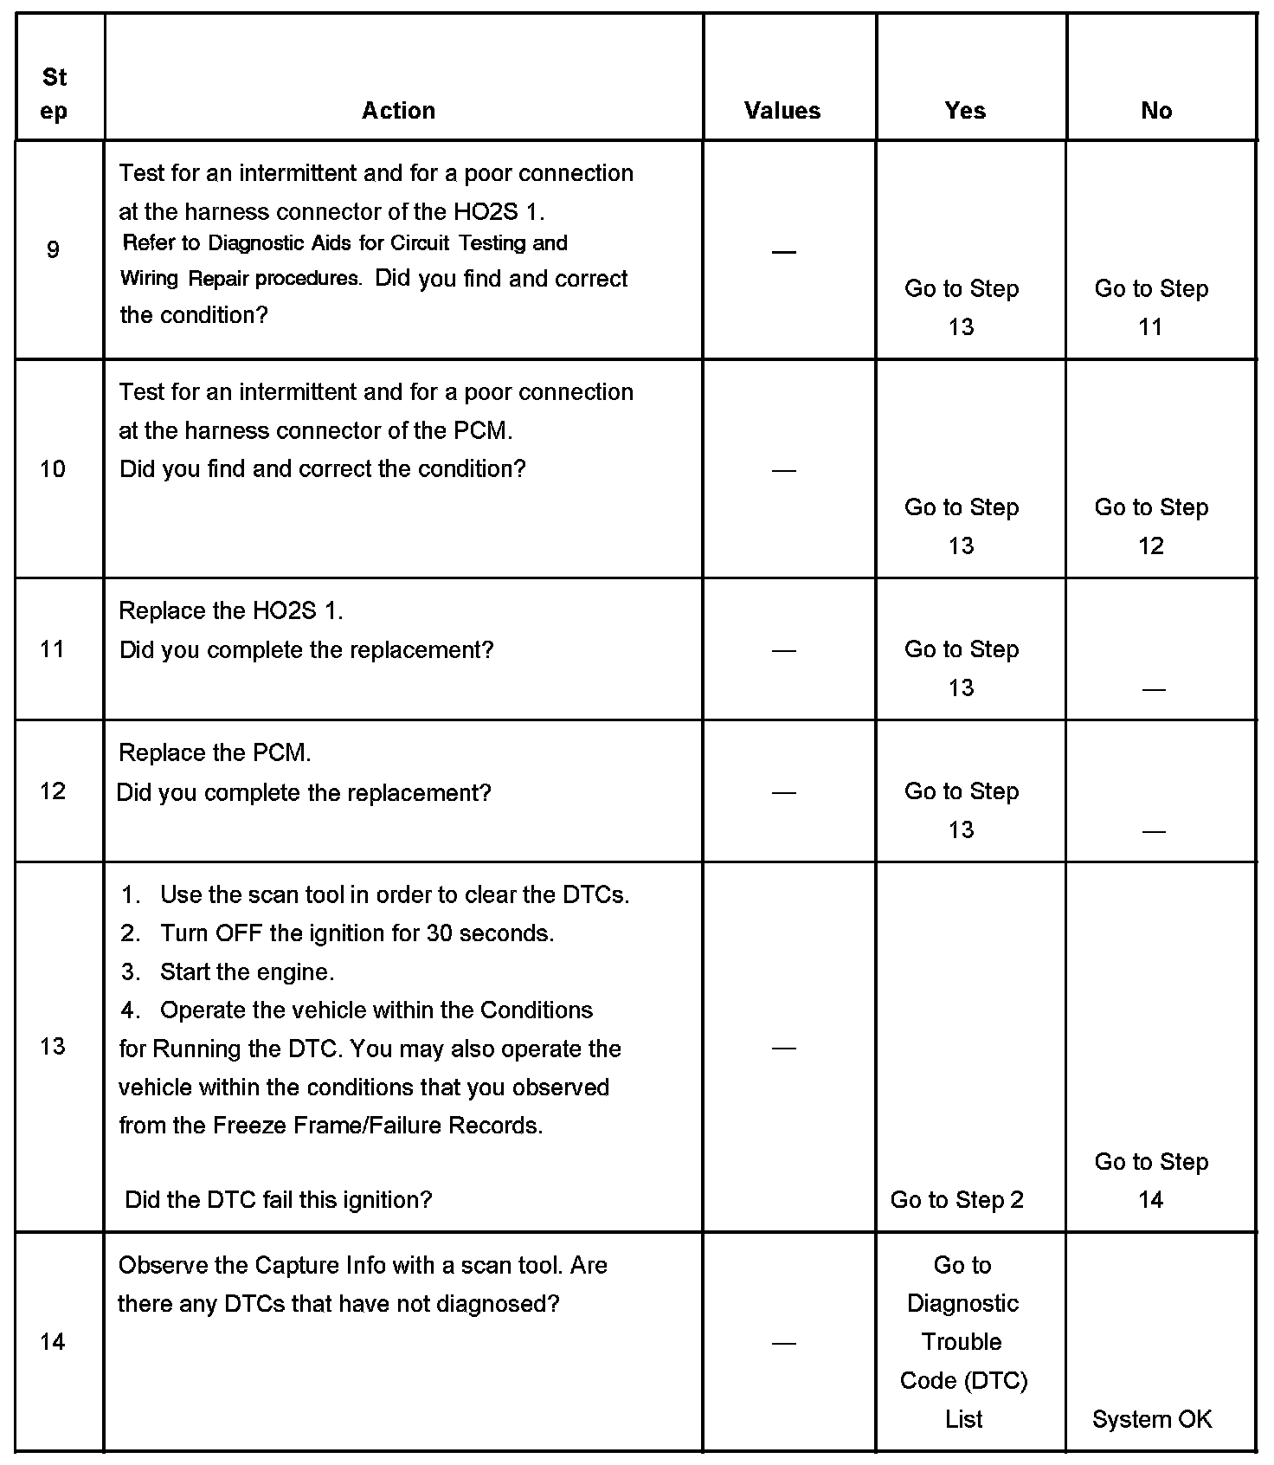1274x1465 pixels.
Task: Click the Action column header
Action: (398, 111)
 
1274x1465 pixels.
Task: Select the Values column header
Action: (782, 111)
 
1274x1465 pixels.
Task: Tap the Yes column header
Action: (965, 111)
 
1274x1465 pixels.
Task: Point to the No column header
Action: (1156, 111)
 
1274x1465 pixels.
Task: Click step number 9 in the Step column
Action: (53, 250)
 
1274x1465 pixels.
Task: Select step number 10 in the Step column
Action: (53, 469)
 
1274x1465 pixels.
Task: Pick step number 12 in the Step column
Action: (53, 791)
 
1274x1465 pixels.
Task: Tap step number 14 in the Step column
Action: (53, 1342)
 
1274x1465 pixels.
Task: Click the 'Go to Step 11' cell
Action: (1151, 307)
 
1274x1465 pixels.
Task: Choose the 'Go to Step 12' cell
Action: (1151, 526)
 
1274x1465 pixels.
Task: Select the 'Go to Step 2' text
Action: (956, 1200)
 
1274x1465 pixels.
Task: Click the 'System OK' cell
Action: (1152, 1419)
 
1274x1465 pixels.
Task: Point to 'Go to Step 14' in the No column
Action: (1151, 1180)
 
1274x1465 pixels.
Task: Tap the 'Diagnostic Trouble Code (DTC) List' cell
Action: (963, 1342)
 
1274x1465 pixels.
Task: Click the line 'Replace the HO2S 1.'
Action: (231, 611)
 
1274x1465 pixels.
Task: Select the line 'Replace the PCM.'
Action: (215, 753)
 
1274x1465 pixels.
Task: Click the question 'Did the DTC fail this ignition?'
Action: (278, 1200)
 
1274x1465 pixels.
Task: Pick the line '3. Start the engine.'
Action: (228, 972)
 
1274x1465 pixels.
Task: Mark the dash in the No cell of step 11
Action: (1153, 690)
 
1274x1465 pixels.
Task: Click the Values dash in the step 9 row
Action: (783, 252)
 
